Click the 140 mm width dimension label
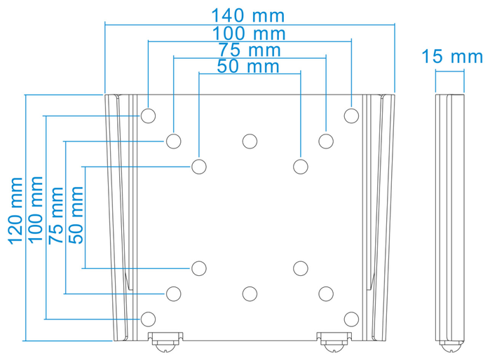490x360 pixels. click(248, 15)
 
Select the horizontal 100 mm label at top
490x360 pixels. click(249, 33)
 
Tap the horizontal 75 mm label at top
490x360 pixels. click(250, 50)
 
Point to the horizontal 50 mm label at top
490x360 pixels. click(248, 67)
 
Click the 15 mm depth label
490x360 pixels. click(452, 57)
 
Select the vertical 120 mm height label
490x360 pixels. click(15, 211)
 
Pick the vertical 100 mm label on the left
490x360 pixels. click(36, 209)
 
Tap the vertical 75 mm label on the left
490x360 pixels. click(56, 216)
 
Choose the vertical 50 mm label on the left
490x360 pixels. click(76, 215)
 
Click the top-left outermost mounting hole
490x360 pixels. click(148, 116)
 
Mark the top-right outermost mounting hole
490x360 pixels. click(351, 116)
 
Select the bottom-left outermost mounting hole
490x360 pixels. click(148, 319)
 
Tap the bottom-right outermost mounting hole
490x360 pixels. click(351, 319)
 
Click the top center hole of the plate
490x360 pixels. click(250, 141)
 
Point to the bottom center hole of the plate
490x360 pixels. click(250, 293)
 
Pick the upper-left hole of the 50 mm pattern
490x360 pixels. click(199, 167)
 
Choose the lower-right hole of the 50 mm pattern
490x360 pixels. click(301, 268)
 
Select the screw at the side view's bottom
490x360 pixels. click(451, 346)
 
